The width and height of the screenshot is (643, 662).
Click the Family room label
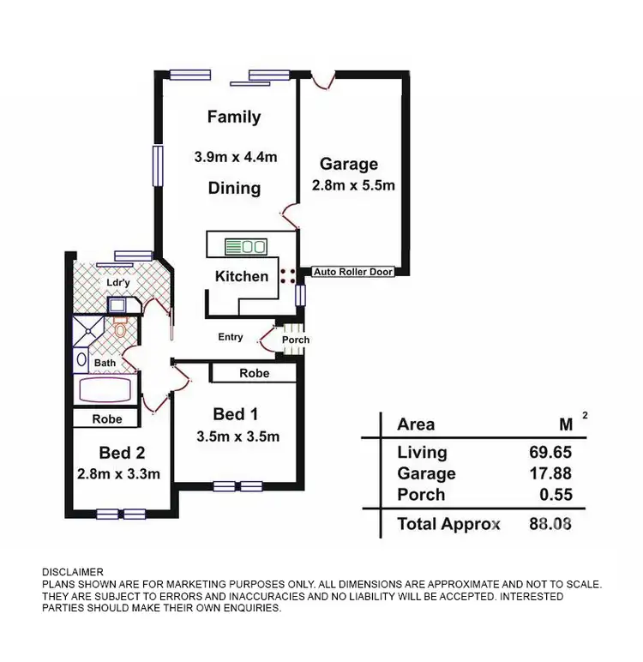click(x=234, y=117)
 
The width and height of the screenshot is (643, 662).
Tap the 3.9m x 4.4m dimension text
click(x=235, y=157)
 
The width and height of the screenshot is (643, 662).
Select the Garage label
click(x=348, y=164)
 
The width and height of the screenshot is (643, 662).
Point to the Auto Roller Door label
click(x=353, y=272)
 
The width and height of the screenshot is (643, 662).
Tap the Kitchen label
click(x=242, y=276)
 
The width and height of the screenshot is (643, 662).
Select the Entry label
click(x=230, y=337)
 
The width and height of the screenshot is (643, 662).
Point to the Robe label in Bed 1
click(x=255, y=373)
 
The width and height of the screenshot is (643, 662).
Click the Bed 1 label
click(x=236, y=413)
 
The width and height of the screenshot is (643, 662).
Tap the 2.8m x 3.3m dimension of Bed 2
click(x=118, y=473)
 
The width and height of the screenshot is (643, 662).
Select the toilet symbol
click(x=120, y=328)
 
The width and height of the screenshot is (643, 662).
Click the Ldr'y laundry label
click(x=117, y=282)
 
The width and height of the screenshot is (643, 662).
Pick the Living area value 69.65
click(x=550, y=452)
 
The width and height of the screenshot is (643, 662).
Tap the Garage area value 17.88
click(x=550, y=473)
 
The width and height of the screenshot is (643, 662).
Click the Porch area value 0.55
click(x=555, y=495)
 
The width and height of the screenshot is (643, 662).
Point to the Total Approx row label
click(x=448, y=524)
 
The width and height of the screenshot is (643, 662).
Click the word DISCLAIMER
click(x=73, y=572)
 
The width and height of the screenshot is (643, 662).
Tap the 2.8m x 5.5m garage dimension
click(x=352, y=185)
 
